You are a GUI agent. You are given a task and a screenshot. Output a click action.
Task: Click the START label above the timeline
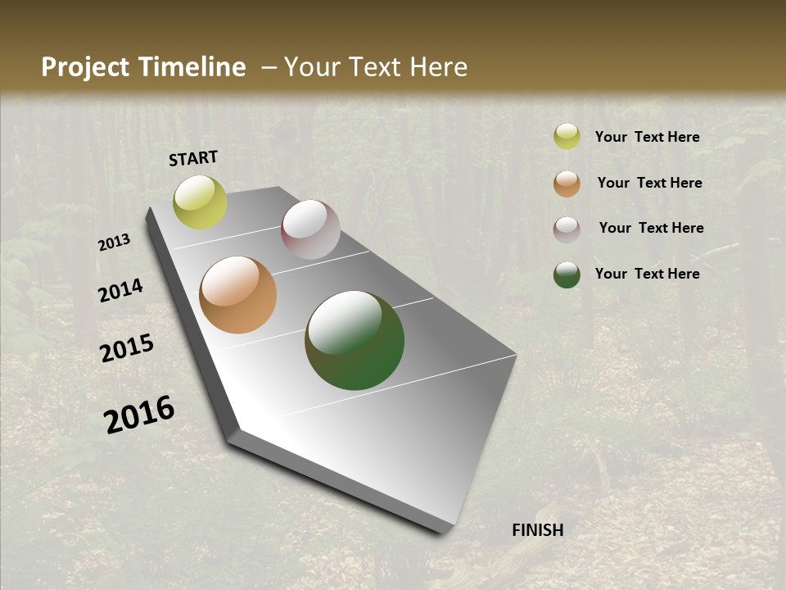(193, 158)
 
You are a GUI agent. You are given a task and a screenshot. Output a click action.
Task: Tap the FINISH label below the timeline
(538, 530)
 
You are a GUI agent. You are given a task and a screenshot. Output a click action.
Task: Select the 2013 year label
(115, 243)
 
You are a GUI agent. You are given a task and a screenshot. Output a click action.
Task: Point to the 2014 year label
(120, 291)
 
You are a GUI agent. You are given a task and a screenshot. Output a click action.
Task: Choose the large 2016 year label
(139, 415)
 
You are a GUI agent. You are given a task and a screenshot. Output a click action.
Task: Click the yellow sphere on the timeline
(201, 202)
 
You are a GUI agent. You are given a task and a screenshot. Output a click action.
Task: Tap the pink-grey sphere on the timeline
(310, 229)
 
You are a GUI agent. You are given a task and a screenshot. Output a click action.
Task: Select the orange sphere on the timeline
(237, 295)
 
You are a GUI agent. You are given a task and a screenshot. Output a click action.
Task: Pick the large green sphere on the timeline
(355, 340)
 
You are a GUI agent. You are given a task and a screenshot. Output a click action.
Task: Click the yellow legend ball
(567, 136)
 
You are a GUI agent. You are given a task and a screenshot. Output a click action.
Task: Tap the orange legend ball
(567, 184)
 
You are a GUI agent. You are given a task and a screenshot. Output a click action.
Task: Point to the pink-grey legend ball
(567, 229)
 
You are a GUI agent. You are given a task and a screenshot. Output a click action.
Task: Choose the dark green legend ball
(567, 275)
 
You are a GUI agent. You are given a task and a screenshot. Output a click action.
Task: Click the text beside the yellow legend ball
(647, 137)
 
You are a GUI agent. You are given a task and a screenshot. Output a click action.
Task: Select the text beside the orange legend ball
(649, 183)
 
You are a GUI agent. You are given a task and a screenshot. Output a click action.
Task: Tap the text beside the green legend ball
(647, 274)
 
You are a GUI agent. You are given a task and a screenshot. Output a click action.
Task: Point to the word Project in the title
(85, 67)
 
